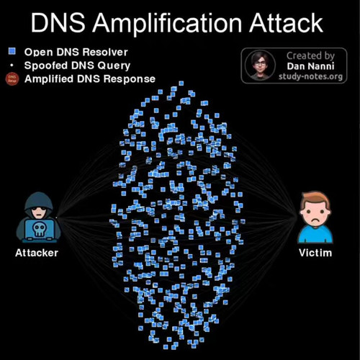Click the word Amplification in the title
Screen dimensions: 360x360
click(167, 24)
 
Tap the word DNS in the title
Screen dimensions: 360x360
click(58, 23)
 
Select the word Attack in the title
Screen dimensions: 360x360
click(286, 23)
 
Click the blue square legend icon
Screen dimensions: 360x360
click(12, 51)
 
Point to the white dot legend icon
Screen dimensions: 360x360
click(12, 65)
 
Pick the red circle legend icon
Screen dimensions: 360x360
click(12, 78)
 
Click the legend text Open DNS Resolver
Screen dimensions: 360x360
click(76, 53)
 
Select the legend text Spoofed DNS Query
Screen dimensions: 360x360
click(77, 66)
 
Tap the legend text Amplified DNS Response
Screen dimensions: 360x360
click(90, 79)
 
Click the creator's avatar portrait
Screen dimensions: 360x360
click(260, 66)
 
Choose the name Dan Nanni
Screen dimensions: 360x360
click(310, 66)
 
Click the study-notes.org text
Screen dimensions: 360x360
click(310, 76)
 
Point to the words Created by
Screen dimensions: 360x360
click(310, 56)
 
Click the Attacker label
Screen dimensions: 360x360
click(37, 253)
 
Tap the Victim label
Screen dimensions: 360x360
click(315, 253)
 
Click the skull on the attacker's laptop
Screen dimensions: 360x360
click(39, 229)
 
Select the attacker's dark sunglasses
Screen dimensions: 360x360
click(39, 208)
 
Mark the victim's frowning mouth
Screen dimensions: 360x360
click(315, 220)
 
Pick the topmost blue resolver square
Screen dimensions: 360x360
click(181, 84)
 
